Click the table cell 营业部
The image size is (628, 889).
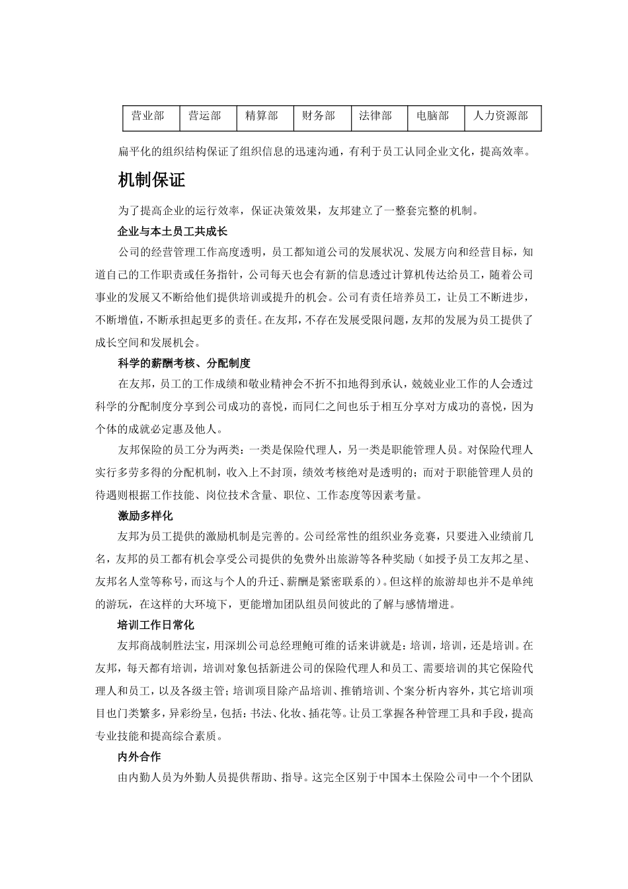tap(148, 116)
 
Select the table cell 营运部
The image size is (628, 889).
tap(205, 116)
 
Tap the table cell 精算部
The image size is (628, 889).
tap(262, 116)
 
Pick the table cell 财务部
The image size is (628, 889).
tap(319, 116)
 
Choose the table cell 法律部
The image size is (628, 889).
tap(375, 116)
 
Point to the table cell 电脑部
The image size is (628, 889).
tap(433, 116)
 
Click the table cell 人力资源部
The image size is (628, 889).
tap(500, 116)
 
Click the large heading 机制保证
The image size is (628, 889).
tap(151, 180)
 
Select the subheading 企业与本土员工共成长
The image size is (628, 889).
tap(173, 232)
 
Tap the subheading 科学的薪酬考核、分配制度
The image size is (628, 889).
tap(184, 363)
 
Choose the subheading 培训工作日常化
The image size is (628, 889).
tap(156, 624)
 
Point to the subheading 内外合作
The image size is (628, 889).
tap(139, 756)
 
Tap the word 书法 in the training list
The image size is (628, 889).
tap(255, 713)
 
